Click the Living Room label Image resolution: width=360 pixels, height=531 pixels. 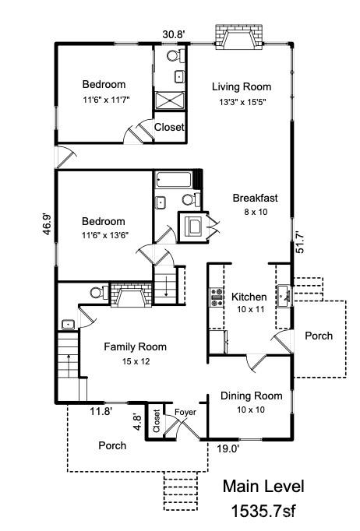point(242,86)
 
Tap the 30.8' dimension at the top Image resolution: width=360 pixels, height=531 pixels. point(174,34)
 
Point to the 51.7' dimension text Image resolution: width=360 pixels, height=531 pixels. point(300,242)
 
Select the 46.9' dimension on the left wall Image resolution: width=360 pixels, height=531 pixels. point(47,224)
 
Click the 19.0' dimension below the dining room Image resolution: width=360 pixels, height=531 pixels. point(228,449)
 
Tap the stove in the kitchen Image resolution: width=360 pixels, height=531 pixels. point(217,297)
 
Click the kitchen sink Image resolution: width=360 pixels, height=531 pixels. point(284,297)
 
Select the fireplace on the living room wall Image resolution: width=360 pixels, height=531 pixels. point(239,37)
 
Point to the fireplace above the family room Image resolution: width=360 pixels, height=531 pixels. point(132,294)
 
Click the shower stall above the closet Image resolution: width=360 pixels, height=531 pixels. point(170,101)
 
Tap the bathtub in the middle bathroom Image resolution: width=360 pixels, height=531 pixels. point(174,180)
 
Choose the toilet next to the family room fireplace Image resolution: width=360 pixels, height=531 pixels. point(99,292)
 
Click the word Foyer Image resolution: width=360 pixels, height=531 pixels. point(185,412)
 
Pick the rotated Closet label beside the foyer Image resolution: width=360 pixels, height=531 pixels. point(157,421)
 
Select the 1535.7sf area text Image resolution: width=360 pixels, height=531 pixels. point(263,511)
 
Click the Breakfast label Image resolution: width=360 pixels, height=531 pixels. point(255,198)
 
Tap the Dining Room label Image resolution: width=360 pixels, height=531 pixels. point(251,396)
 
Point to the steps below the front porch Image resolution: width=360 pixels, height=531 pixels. point(180,491)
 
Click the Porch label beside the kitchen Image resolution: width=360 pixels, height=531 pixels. point(319,336)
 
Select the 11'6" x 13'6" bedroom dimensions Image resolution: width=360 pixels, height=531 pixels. point(105,235)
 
